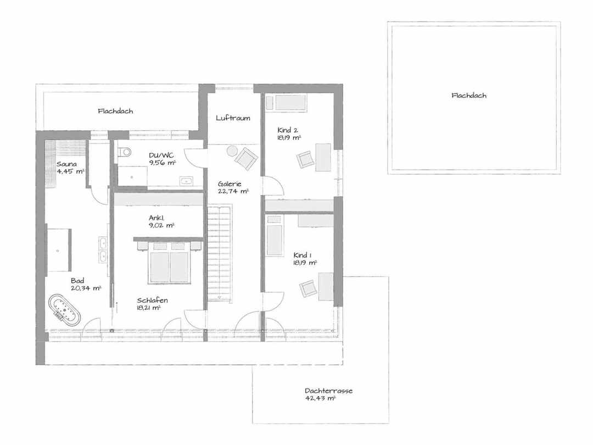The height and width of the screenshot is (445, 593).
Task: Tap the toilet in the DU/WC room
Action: click(x=125, y=152)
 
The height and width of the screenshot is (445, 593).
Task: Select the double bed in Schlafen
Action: click(x=170, y=263)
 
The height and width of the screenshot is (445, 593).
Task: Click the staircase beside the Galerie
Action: click(x=219, y=253)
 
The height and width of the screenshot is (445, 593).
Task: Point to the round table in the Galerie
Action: click(x=232, y=152)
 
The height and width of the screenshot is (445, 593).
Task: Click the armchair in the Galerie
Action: click(x=246, y=158)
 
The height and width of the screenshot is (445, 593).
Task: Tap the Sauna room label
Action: click(x=66, y=164)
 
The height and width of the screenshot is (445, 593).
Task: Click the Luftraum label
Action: click(x=233, y=118)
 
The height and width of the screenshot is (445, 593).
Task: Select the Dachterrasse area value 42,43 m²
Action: click(x=320, y=398)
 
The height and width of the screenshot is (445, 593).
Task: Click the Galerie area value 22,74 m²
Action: click(x=233, y=192)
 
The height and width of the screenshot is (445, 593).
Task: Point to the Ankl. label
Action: click(x=156, y=218)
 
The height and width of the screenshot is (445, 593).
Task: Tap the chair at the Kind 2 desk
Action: click(x=306, y=159)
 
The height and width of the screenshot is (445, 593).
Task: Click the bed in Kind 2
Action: click(x=290, y=103)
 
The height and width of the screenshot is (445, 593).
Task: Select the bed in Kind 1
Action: click(x=275, y=240)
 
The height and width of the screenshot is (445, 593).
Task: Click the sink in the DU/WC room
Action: click(x=187, y=181)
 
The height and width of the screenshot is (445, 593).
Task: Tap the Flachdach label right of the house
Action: click(x=469, y=96)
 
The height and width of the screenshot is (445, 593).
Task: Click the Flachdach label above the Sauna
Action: click(x=115, y=111)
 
